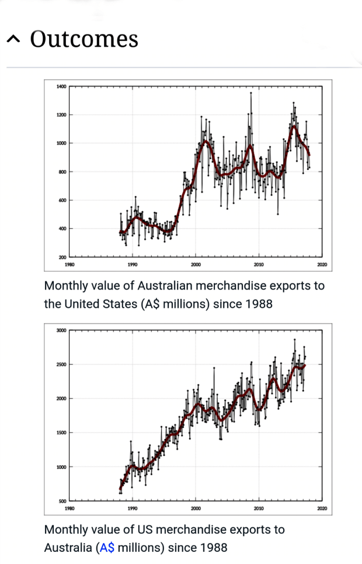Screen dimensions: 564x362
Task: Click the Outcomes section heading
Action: (84, 39)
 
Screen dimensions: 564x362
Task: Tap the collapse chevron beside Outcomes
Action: (14, 40)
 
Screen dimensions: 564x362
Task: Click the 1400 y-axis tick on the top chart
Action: (61, 86)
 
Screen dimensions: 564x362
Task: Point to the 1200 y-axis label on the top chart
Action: (61, 115)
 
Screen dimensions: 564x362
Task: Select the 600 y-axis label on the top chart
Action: (62, 200)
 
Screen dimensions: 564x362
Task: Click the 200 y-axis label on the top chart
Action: (62, 257)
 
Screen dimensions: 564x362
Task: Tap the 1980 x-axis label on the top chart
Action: (69, 265)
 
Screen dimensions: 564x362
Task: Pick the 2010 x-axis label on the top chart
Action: (259, 265)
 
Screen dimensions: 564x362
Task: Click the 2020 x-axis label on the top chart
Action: (322, 265)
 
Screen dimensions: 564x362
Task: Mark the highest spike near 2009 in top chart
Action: (251, 93)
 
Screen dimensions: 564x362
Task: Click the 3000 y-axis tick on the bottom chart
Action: (61, 330)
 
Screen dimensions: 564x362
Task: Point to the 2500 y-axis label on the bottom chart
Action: (61, 364)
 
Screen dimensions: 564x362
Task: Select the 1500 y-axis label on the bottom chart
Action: (61, 433)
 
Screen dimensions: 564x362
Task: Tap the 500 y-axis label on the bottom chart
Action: (62, 501)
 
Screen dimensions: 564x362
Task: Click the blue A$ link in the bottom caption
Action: (107, 548)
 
